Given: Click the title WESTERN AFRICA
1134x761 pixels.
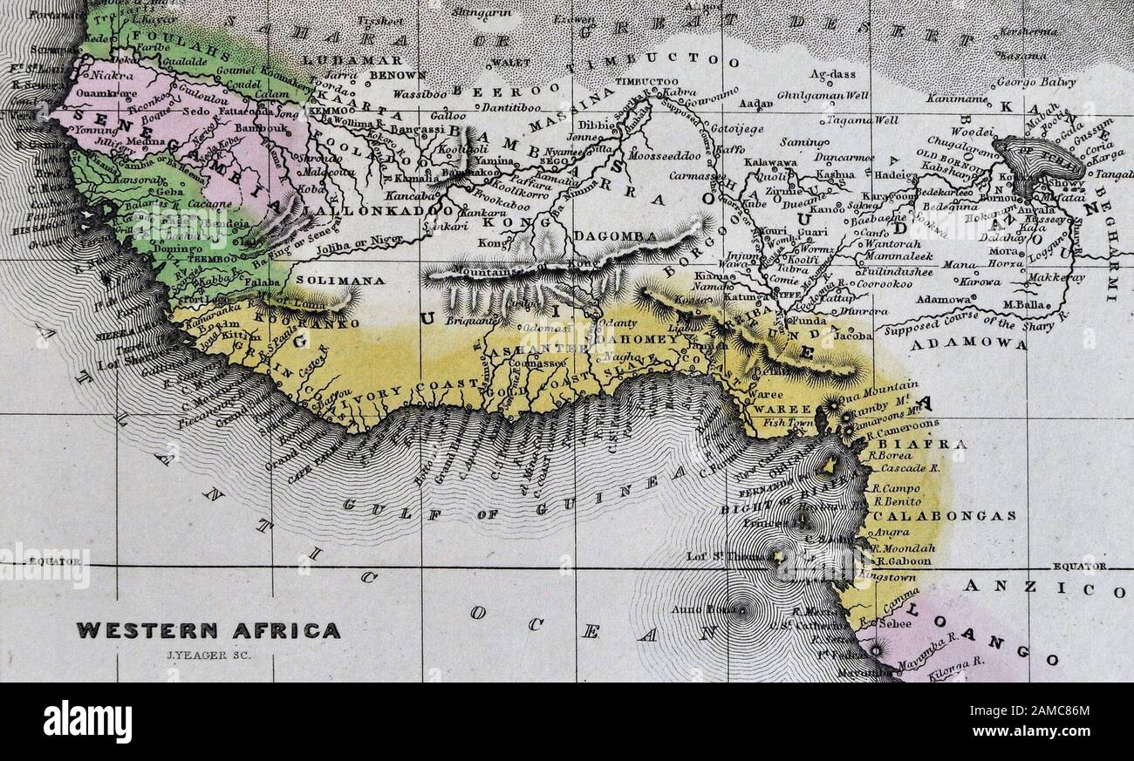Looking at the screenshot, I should tap(208, 629).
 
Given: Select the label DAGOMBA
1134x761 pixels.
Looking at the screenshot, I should tap(608, 236).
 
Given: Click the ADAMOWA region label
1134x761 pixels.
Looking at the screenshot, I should tap(968, 344).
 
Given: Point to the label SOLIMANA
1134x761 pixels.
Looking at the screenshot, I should tap(329, 281).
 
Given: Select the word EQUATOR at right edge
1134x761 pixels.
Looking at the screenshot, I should tap(1080, 567).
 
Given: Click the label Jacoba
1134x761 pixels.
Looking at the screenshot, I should tap(852, 335).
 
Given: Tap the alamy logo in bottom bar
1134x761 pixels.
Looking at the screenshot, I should tap(87, 722).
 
